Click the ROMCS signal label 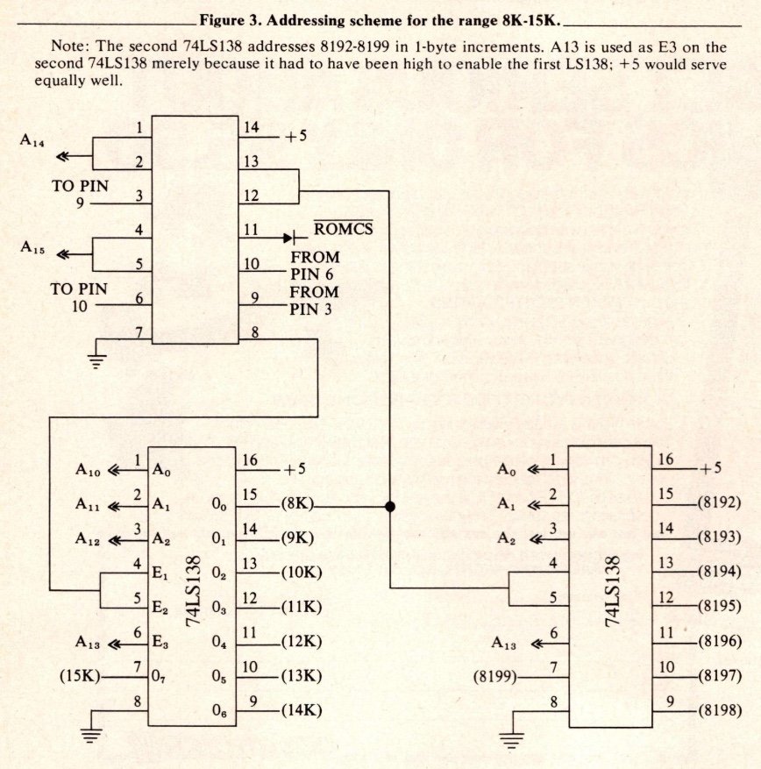343,230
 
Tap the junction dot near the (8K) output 389,506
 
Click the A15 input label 32,247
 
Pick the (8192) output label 719,506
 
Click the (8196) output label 719,641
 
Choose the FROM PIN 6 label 315,265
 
